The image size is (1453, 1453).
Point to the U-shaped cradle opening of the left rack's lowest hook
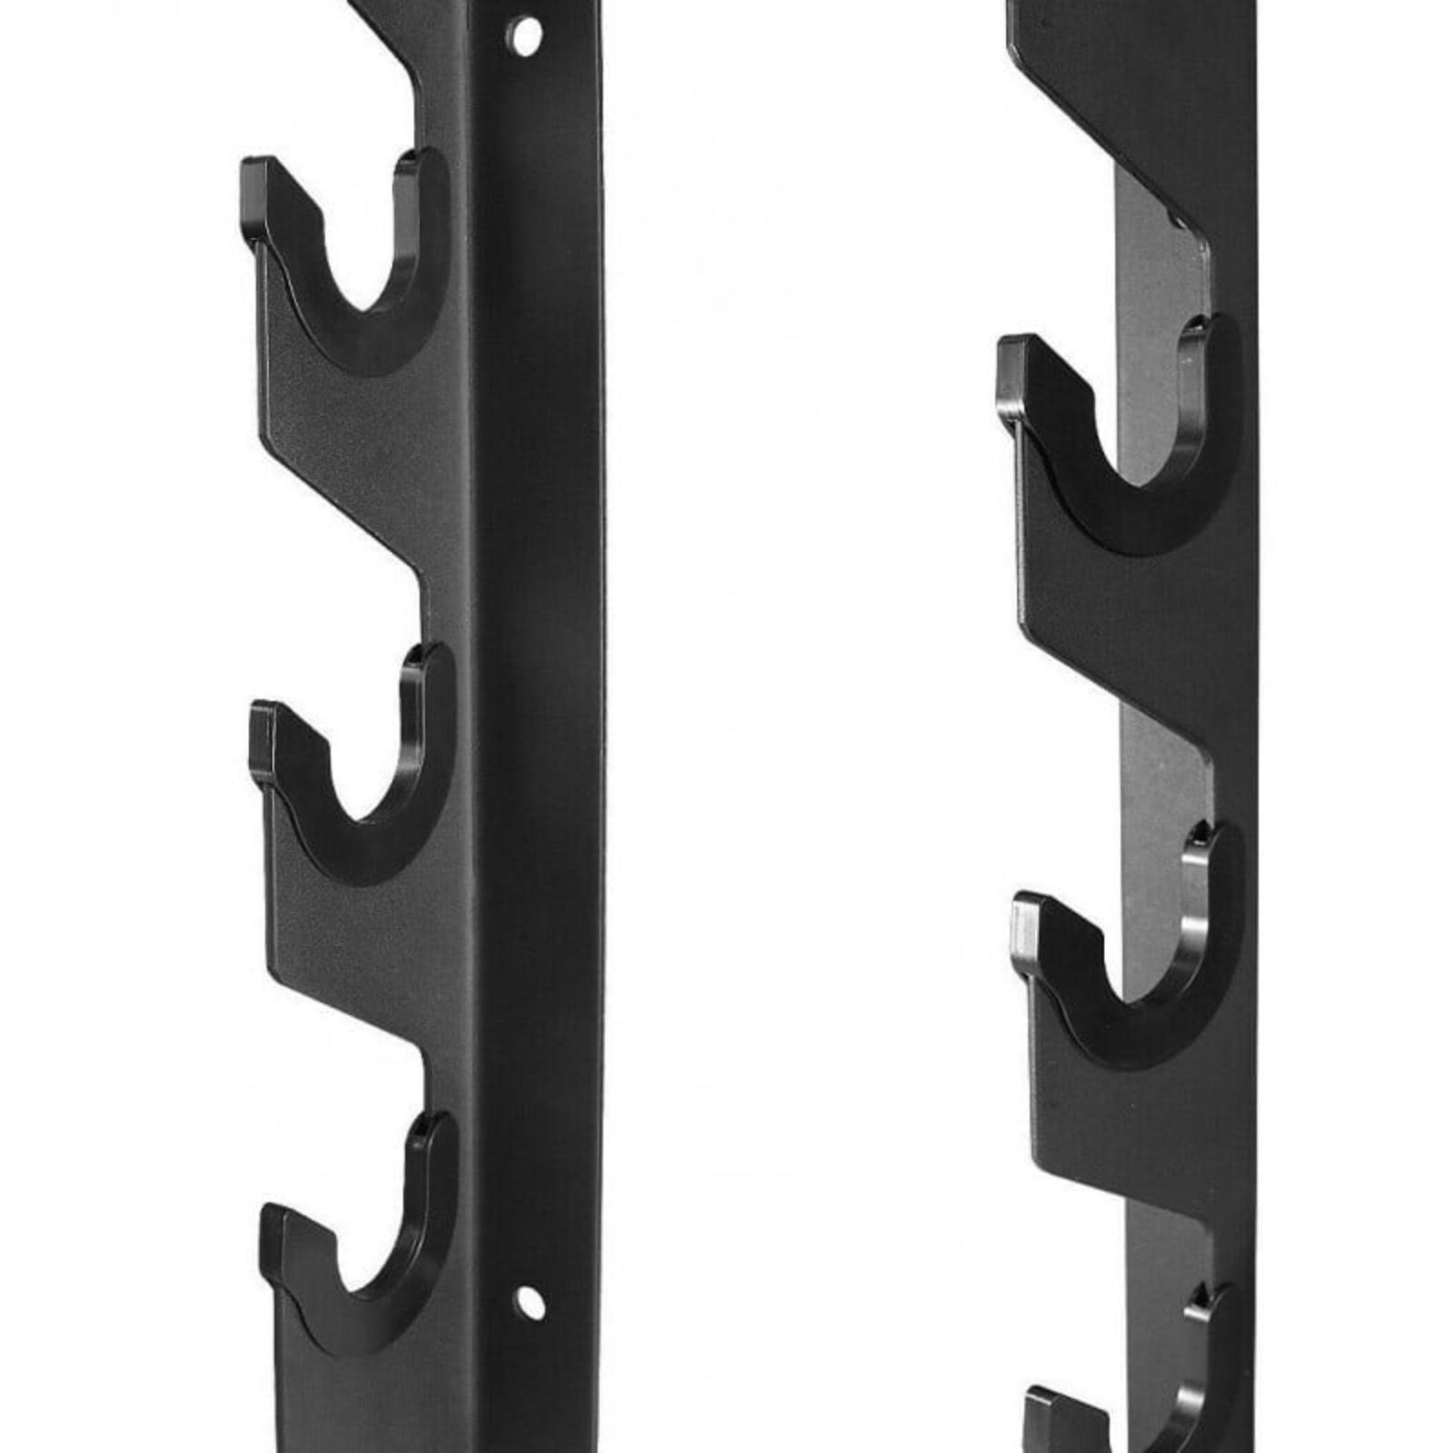(x=377, y=1262)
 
